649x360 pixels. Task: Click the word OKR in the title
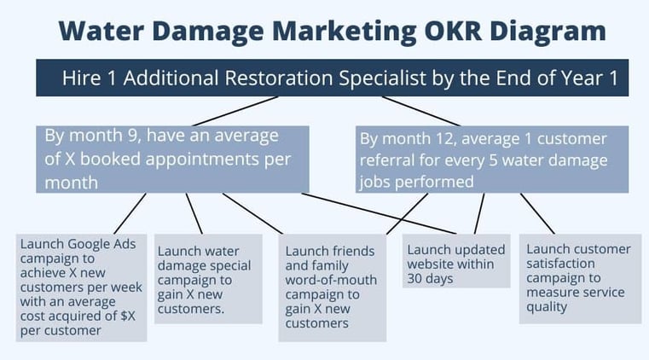click(x=453, y=31)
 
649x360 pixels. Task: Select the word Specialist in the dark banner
click(x=382, y=78)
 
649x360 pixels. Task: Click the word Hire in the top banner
click(x=82, y=78)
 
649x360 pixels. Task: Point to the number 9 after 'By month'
click(x=132, y=136)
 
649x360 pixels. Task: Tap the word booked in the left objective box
click(x=110, y=160)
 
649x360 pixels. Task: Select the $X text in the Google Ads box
click(x=128, y=316)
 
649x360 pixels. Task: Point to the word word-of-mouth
click(x=331, y=280)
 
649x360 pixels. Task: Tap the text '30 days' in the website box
click(x=430, y=279)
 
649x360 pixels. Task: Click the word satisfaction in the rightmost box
click(x=560, y=264)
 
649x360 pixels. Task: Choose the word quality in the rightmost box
click(x=547, y=307)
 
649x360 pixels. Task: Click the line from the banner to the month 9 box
click(x=235, y=111)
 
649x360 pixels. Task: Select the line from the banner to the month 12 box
click(x=421, y=111)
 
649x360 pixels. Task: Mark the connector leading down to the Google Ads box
click(x=130, y=213)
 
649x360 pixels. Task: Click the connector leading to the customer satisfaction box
click(x=537, y=213)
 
